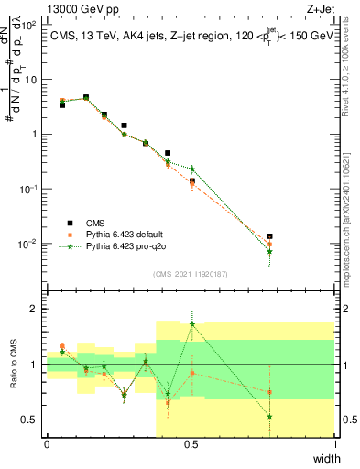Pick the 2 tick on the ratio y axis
click(x=34, y=309)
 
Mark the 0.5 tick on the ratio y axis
click(x=30, y=420)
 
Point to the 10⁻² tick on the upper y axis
click(x=28, y=244)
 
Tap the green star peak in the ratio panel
click(x=192, y=324)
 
